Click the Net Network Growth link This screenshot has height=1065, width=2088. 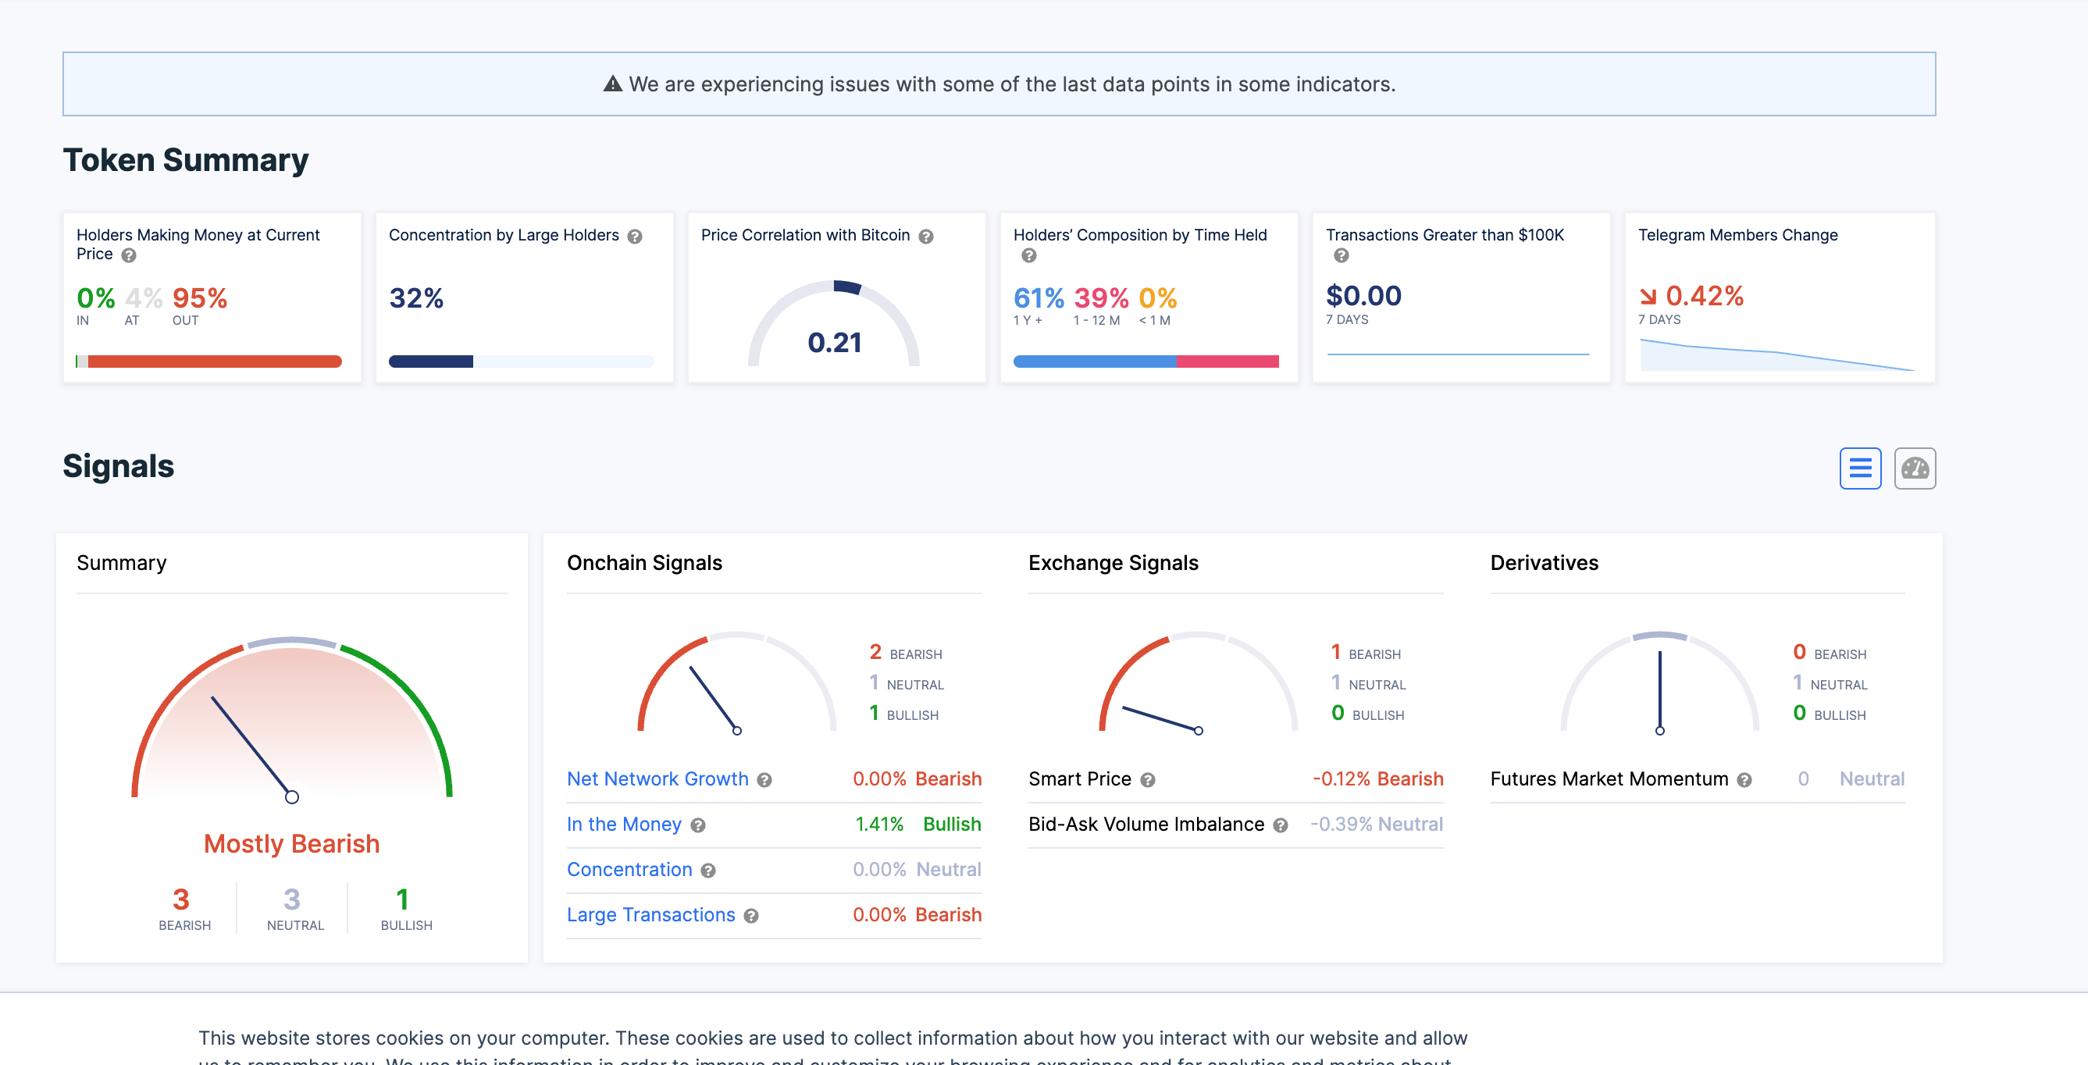pyautogui.click(x=657, y=779)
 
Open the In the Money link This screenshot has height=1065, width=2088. pyautogui.click(x=623, y=825)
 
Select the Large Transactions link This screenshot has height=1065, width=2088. pyautogui.click(x=651, y=915)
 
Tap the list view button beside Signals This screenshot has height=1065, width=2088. pyautogui.click(x=1859, y=468)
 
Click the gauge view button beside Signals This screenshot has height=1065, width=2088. pyautogui.click(x=1915, y=468)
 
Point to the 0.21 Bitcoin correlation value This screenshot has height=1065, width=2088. pyautogui.click(x=834, y=343)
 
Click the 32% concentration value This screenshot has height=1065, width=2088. pyautogui.click(x=416, y=298)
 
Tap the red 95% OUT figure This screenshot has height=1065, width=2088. pyautogui.click(x=199, y=298)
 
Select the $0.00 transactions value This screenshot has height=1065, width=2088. pyautogui.click(x=1363, y=296)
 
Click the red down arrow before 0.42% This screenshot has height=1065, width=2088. pyautogui.click(x=1648, y=297)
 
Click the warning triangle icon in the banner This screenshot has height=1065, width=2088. pyautogui.click(x=613, y=84)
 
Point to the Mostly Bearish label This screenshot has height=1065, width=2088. pyautogui.click(x=292, y=844)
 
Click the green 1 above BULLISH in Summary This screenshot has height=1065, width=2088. pyautogui.click(x=403, y=899)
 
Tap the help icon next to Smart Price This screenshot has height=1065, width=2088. pyautogui.click(x=1148, y=780)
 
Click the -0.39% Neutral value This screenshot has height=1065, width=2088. pyautogui.click(x=1377, y=825)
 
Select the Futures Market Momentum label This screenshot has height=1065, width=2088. pyautogui.click(x=1609, y=779)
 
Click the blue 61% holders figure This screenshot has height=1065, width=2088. pyautogui.click(x=1039, y=298)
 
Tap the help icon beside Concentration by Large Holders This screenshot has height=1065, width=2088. pyautogui.click(x=635, y=237)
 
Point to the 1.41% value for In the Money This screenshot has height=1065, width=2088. pyautogui.click(x=878, y=825)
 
